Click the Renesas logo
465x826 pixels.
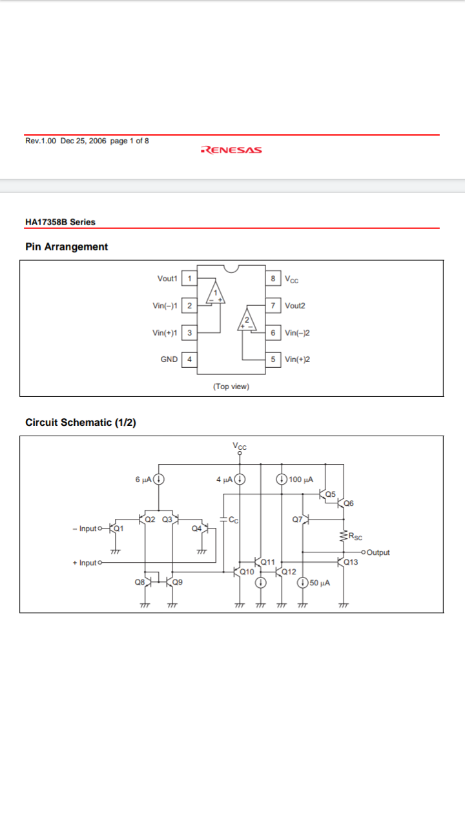[231, 150]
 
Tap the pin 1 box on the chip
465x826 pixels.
[189, 278]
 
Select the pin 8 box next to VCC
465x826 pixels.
[273, 278]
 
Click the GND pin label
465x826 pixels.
[169, 359]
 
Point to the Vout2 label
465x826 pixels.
[295, 306]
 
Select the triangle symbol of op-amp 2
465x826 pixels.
[247, 319]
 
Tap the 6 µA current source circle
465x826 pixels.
[159, 479]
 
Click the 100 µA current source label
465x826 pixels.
[301, 479]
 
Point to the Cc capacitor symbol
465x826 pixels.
[223, 519]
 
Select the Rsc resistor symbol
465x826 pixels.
[344, 536]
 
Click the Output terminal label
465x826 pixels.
[378, 552]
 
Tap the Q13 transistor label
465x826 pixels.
[351, 562]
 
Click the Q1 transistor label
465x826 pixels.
[118, 529]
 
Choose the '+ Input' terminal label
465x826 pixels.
[85, 563]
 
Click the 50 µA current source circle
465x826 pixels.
[303, 583]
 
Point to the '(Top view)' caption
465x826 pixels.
[231, 387]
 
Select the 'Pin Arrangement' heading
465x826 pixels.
[67, 247]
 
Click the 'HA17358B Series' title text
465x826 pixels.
[60, 222]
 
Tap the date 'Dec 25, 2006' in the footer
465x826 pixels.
[83, 141]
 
